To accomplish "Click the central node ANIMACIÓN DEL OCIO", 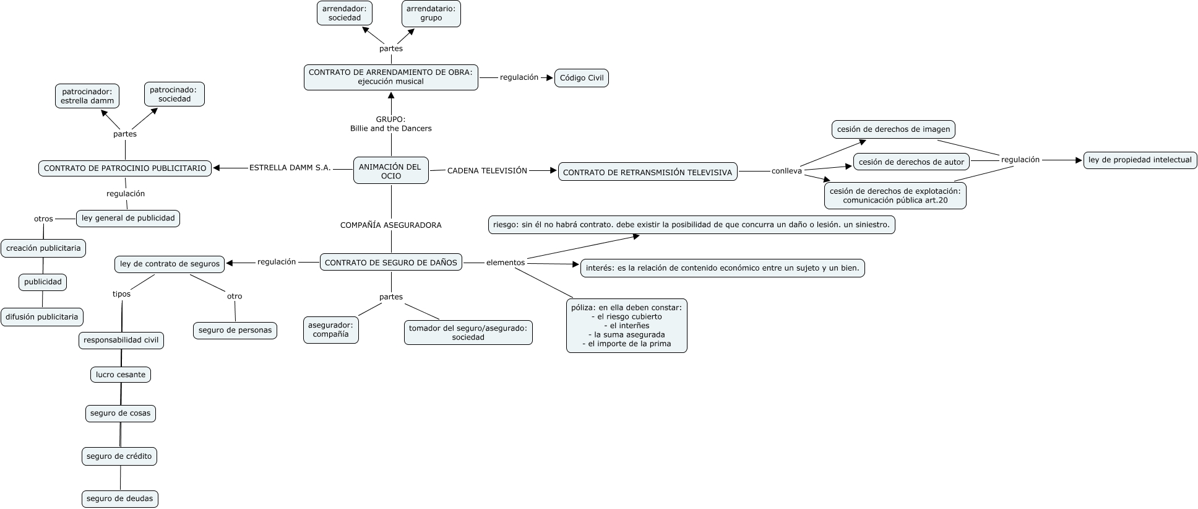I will point(390,170).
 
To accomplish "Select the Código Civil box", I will point(581,78).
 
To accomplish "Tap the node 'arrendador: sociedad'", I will point(345,13).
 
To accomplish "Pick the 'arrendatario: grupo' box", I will point(431,13).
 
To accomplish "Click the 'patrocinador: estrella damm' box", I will point(87,96).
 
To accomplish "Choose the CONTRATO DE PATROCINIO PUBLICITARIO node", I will point(125,168).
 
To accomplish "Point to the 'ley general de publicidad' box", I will point(128,218).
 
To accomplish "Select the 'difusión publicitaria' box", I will point(42,317).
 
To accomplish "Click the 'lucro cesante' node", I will point(121,375).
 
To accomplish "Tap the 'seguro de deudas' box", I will point(120,499).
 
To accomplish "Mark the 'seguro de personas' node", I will point(235,330).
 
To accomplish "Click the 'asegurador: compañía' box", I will point(331,329).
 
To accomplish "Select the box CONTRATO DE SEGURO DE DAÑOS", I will point(391,263).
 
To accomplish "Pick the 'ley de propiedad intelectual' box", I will point(1140,160).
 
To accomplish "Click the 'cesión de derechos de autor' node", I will point(911,162).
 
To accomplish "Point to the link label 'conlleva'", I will point(786,171).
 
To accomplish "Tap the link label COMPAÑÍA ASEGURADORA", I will point(391,225).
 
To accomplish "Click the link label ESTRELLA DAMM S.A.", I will point(290,168).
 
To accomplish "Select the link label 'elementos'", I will point(506,263).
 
